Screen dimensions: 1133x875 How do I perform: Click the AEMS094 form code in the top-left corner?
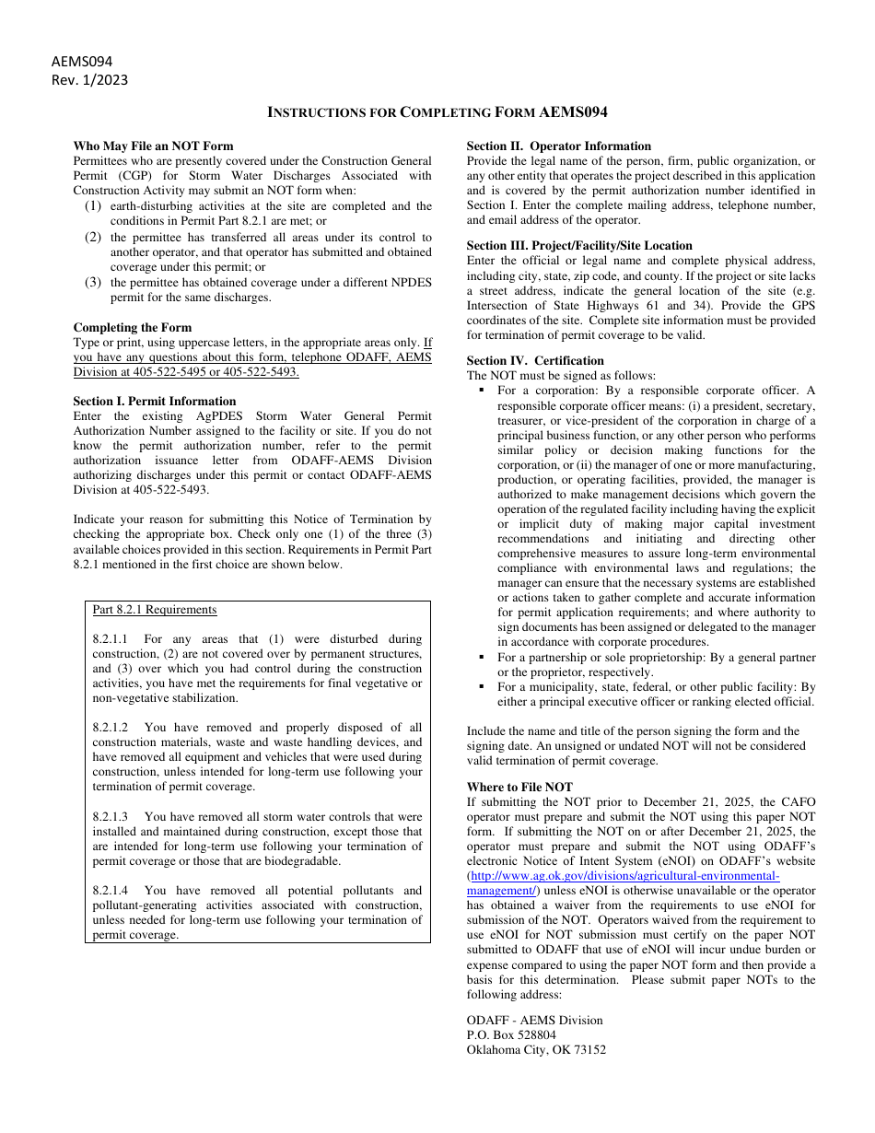pos(82,62)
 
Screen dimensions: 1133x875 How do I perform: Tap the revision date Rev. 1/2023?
pos(89,79)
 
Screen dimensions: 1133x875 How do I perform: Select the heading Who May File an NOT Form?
pos(153,146)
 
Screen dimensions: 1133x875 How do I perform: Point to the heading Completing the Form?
pos(133,327)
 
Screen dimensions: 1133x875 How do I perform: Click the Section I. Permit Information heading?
pos(154,401)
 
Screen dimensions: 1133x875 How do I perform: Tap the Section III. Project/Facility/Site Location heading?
pos(579,245)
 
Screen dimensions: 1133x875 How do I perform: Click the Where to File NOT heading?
pos(519,787)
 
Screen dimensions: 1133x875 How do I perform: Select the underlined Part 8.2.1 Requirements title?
pos(155,609)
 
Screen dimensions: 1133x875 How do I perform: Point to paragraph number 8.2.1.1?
pos(111,638)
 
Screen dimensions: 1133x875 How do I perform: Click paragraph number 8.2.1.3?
pos(111,816)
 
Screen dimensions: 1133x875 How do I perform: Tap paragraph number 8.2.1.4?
pos(111,890)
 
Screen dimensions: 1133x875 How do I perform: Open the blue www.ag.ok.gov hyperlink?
pos(625,876)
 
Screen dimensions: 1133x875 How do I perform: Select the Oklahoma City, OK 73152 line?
pos(536,1049)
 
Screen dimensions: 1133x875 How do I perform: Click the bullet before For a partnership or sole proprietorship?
pos(481,658)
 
